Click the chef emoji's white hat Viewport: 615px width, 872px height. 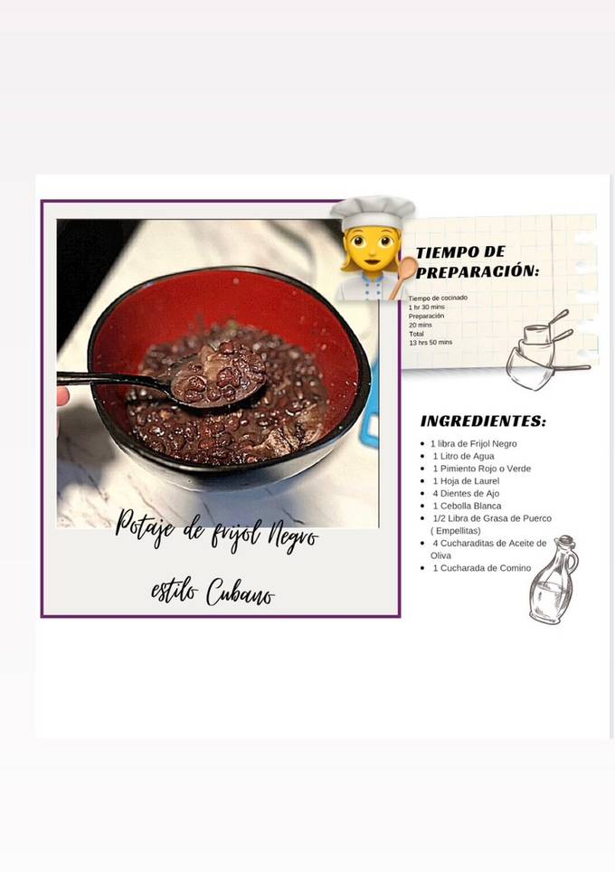(372, 212)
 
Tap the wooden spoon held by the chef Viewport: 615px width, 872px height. (403, 275)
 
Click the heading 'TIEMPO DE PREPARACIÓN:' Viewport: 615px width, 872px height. (476, 261)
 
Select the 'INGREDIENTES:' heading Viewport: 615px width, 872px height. (483, 422)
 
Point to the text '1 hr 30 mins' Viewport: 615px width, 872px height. (427, 307)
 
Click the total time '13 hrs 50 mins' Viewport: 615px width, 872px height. (430, 343)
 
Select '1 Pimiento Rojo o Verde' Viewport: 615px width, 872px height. (481, 469)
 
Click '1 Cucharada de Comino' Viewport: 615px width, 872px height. (482, 568)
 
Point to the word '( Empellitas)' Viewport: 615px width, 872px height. (456, 531)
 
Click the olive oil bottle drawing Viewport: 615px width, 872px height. (553, 581)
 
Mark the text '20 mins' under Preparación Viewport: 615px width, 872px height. (420, 325)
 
